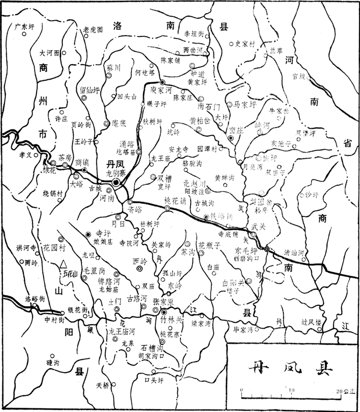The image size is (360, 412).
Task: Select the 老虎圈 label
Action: (93, 29)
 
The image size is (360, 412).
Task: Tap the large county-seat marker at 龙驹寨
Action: (116, 182)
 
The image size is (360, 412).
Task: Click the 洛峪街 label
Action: (35, 298)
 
